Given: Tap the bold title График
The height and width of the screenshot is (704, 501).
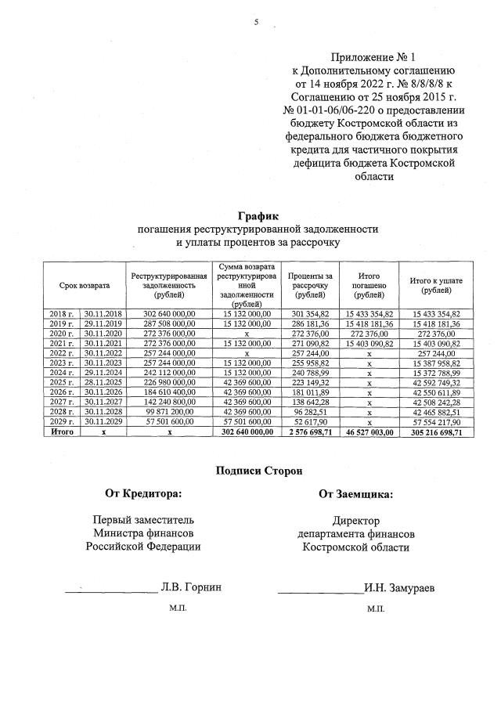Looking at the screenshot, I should (258, 216).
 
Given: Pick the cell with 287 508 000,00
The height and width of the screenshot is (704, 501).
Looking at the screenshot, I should (168, 323).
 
